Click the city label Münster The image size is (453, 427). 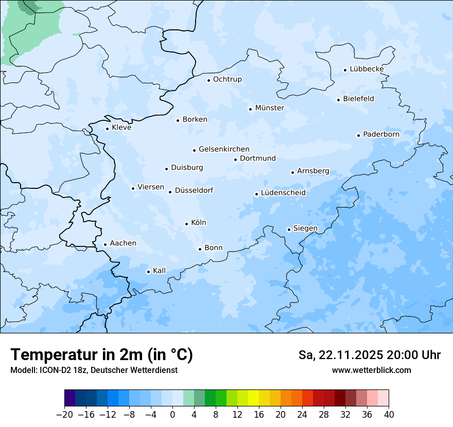point(269,108)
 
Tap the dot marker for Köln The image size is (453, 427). point(186,224)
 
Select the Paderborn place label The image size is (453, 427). point(381,134)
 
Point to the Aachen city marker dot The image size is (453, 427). point(105,245)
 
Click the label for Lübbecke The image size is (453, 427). point(367,69)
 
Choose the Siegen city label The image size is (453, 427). point(305,228)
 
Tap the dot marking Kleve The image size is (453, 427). point(107,129)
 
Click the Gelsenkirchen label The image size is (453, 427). point(224,149)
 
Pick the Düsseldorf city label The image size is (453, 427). point(194,190)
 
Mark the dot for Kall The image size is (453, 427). point(148,272)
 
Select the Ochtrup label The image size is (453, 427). point(227,79)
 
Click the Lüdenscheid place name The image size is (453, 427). point(283,193)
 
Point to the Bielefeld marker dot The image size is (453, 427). point(338,100)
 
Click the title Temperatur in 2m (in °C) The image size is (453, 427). point(101,355)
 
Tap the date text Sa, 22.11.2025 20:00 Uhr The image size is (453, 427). point(369,355)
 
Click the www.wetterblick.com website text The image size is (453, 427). point(371,370)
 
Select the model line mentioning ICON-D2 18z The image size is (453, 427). point(94,370)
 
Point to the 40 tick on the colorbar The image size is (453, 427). point(388,415)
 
